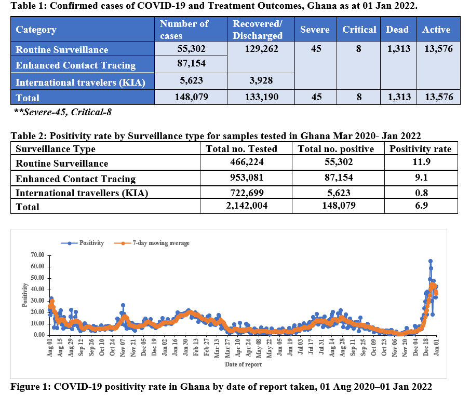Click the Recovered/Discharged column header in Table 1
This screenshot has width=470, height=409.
coord(258,30)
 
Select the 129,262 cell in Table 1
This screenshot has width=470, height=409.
coord(258,49)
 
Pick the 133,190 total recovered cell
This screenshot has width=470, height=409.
coord(258,97)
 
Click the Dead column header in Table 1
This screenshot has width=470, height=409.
coord(397,30)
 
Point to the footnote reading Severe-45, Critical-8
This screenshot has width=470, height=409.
coord(63,112)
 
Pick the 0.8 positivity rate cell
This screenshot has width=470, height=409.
coord(421,193)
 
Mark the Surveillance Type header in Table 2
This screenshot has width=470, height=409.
coord(56,149)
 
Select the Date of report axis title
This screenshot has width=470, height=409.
coord(244,364)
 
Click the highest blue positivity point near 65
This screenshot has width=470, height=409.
coord(430,261)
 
